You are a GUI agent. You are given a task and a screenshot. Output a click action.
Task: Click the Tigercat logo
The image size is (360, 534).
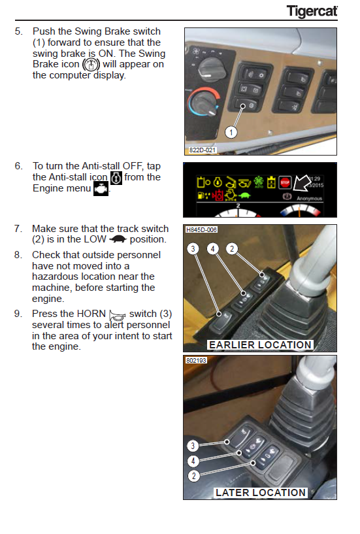point(312,11)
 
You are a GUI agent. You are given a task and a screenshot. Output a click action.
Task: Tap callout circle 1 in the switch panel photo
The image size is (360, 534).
point(231,132)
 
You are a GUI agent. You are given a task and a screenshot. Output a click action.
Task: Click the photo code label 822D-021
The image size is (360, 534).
point(203,150)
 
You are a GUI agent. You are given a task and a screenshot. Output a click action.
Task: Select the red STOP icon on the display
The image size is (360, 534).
point(285,182)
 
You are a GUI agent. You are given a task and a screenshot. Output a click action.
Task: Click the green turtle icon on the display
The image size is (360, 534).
point(244,195)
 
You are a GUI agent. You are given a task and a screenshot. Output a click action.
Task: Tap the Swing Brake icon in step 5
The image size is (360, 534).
point(91,64)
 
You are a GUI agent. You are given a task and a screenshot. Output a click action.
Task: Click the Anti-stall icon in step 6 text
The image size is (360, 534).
point(116,178)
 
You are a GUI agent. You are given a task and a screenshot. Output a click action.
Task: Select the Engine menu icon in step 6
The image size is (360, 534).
point(101,189)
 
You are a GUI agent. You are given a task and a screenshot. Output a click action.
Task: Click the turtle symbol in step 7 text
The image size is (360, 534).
point(118,239)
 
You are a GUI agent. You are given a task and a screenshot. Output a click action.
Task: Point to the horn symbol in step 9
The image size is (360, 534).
point(118,315)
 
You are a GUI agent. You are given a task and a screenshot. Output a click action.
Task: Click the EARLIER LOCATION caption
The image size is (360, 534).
point(260,344)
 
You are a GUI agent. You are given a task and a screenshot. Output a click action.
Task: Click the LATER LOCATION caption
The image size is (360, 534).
point(261,492)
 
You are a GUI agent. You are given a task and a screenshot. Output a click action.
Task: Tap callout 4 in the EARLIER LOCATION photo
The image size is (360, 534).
point(213,249)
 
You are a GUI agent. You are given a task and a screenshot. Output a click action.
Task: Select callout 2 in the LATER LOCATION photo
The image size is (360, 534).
point(193,476)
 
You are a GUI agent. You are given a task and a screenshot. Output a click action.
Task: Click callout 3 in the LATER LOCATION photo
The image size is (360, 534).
point(193,446)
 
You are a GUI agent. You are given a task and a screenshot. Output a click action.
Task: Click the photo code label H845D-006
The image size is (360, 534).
point(201,229)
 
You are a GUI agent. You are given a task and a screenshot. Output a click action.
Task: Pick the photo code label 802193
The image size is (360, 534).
point(196,360)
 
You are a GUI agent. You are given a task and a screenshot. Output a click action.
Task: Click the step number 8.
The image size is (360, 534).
point(18,255)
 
